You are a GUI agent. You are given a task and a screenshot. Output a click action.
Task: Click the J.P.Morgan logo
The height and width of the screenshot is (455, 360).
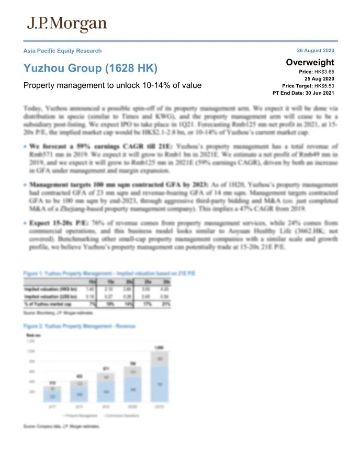(66, 24)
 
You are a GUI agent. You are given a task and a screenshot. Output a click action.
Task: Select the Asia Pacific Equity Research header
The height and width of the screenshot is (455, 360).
(62, 51)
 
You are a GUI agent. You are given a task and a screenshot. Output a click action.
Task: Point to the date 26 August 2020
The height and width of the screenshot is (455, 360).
(315, 51)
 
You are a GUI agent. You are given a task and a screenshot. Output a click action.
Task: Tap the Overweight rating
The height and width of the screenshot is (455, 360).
(310, 62)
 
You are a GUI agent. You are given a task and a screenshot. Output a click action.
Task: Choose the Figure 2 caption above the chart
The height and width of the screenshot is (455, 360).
(80, 326)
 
